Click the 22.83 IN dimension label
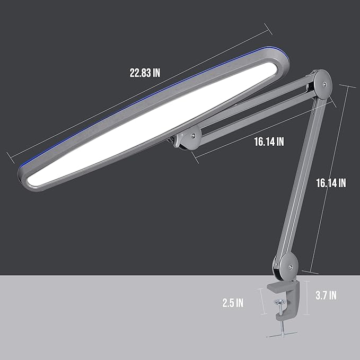point(145,74)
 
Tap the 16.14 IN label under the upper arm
point(269,142)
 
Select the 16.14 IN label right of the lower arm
point(330,182)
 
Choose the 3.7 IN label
point(325,295)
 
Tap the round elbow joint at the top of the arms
point(322,83)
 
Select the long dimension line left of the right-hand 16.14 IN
point(329,175)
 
